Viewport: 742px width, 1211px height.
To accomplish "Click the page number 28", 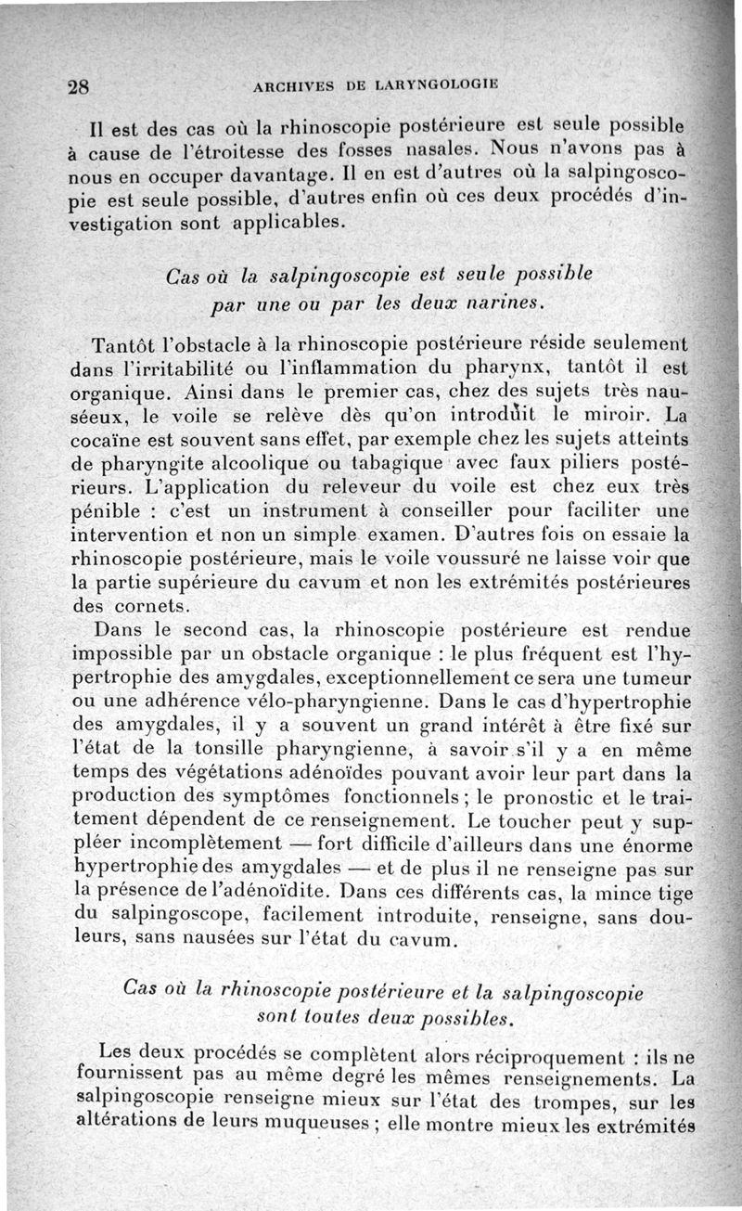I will (78, 88).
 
